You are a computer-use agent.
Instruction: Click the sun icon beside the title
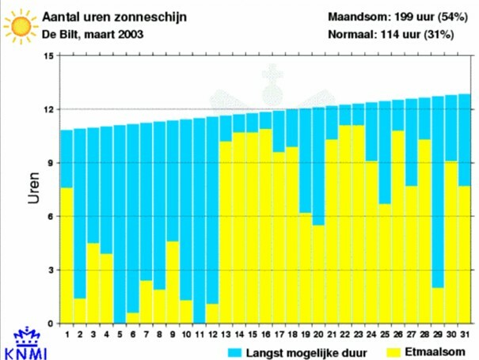(x=21, y=27)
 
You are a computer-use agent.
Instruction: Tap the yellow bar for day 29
(x=438, y=305)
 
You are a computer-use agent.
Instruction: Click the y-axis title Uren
(x=33, y=190)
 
